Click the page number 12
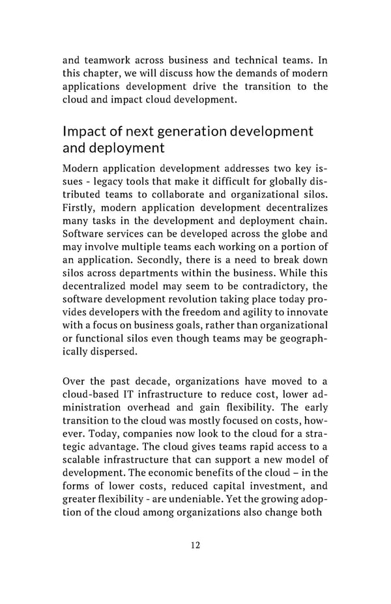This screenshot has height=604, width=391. point(195,545)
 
